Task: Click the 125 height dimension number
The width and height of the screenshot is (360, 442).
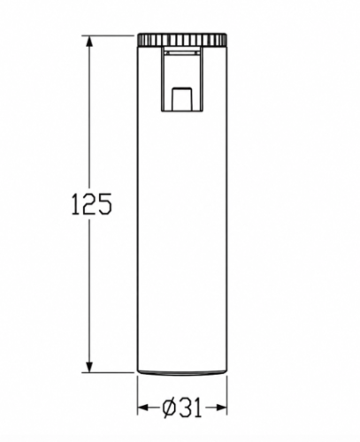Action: (x=92, y=203)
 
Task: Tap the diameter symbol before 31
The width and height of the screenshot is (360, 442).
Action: (x=169, y=408)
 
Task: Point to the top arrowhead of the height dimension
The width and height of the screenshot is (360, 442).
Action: (x=89, y=42)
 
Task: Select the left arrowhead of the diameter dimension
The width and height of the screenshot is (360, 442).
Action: (x=143, y=408)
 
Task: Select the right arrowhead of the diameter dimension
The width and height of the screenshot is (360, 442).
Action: (x=221, y=408)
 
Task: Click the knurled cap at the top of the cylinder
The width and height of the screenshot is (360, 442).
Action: (x=182, y=40)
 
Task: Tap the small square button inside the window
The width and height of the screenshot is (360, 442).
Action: (x=182, y=98)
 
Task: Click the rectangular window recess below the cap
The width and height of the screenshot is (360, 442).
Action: (x=182, y=79)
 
